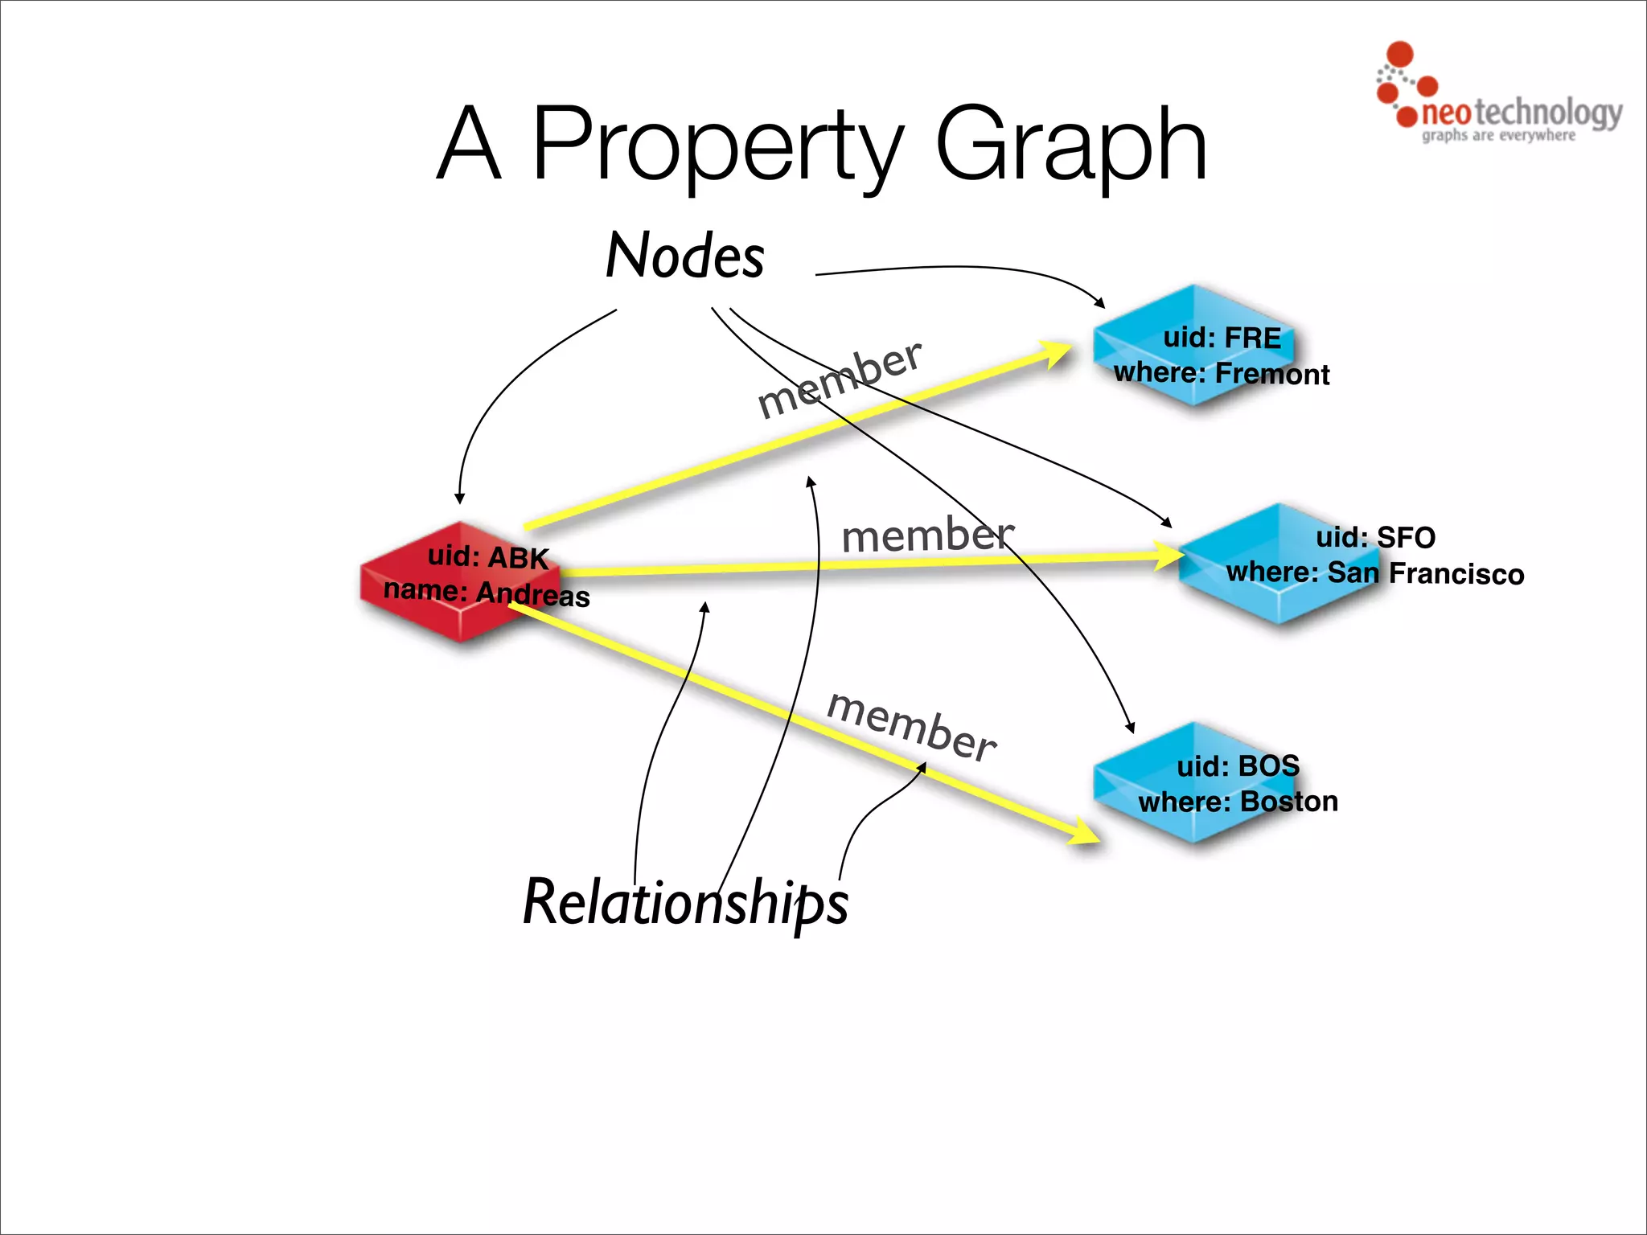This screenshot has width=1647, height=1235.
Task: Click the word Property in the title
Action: pos(718,145)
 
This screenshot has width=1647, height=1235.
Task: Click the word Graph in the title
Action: pos(1070,145)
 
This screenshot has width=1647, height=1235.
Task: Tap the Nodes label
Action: pos(684,256)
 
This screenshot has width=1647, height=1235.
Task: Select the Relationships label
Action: pos(685,902)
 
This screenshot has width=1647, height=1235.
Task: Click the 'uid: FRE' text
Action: pos(1222,338)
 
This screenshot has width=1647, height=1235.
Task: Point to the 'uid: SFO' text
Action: pos(1375,537)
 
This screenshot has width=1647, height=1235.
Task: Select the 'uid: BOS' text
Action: pos(1238,765)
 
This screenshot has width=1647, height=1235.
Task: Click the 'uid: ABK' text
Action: pos(487,556)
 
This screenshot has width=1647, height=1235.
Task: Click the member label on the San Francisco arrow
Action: pos(927,535)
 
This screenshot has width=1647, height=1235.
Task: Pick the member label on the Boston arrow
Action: pos(911,726)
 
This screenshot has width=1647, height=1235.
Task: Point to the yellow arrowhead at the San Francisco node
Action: pos(1166,556)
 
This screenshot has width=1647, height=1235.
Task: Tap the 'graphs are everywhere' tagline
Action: pos(1498,135)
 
